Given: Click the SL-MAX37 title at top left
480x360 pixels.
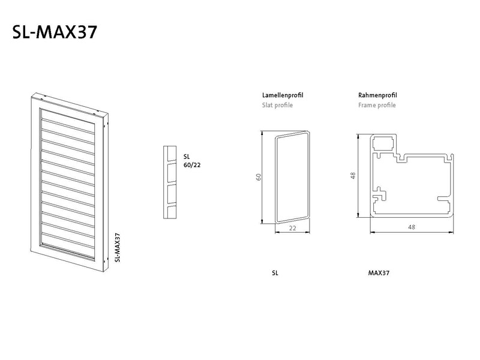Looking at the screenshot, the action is pos(55,32).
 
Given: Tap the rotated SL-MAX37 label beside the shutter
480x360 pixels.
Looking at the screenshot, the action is pos(117,248).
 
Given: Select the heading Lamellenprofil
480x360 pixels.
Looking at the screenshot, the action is pos(283,95).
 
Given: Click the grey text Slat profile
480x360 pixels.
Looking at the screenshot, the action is pos(277,106).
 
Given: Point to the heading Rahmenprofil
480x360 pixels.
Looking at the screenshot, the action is pos(377,95).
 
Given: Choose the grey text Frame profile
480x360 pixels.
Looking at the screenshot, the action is pos(377,106).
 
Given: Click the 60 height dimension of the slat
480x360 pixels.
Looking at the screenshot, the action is pos(259,177).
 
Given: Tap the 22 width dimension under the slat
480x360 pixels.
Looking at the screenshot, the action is pos(293,228).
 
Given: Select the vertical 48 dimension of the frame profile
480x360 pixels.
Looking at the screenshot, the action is pos(353,175).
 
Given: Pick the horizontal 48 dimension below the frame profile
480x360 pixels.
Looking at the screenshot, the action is pos(412,227).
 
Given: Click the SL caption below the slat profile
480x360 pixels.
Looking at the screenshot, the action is pos(275,273).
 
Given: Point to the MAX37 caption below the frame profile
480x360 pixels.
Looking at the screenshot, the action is pos(379,273).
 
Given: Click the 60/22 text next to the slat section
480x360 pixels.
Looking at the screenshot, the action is pos(192,165).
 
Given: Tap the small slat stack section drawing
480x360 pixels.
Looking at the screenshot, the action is pos(170,182).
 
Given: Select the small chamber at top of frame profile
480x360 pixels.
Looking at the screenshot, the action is pos(383,143).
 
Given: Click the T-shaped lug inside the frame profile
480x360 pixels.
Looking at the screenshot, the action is pos(380,193).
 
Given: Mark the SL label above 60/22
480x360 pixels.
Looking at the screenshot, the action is pos(187,157).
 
